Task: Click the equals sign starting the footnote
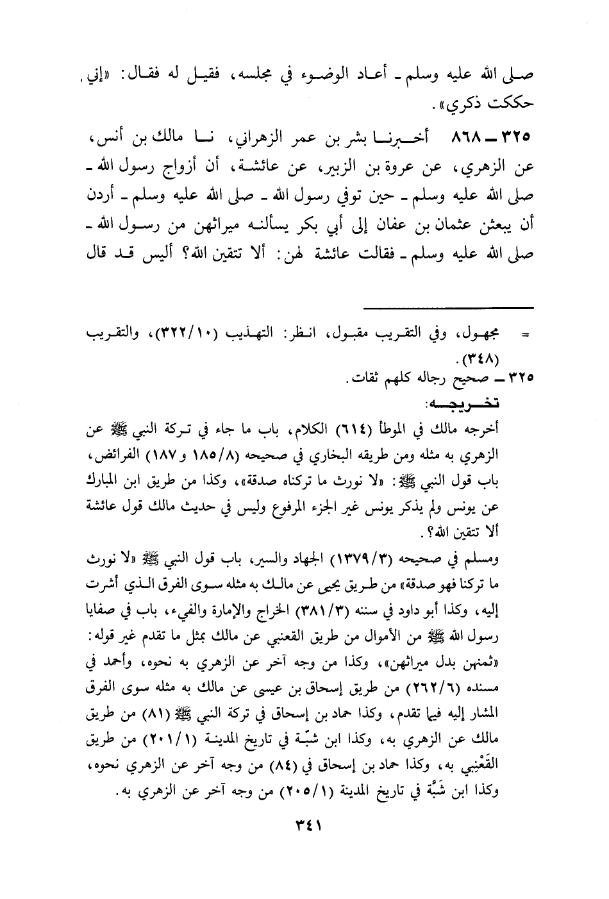(x=526, y=335)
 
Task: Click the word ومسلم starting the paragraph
(x=514, y=560)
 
